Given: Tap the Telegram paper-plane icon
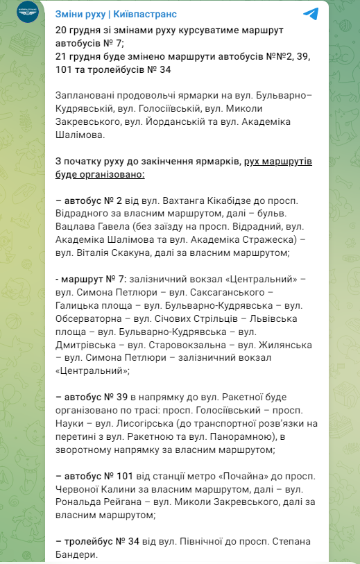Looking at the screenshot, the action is (x=311, y=14).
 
